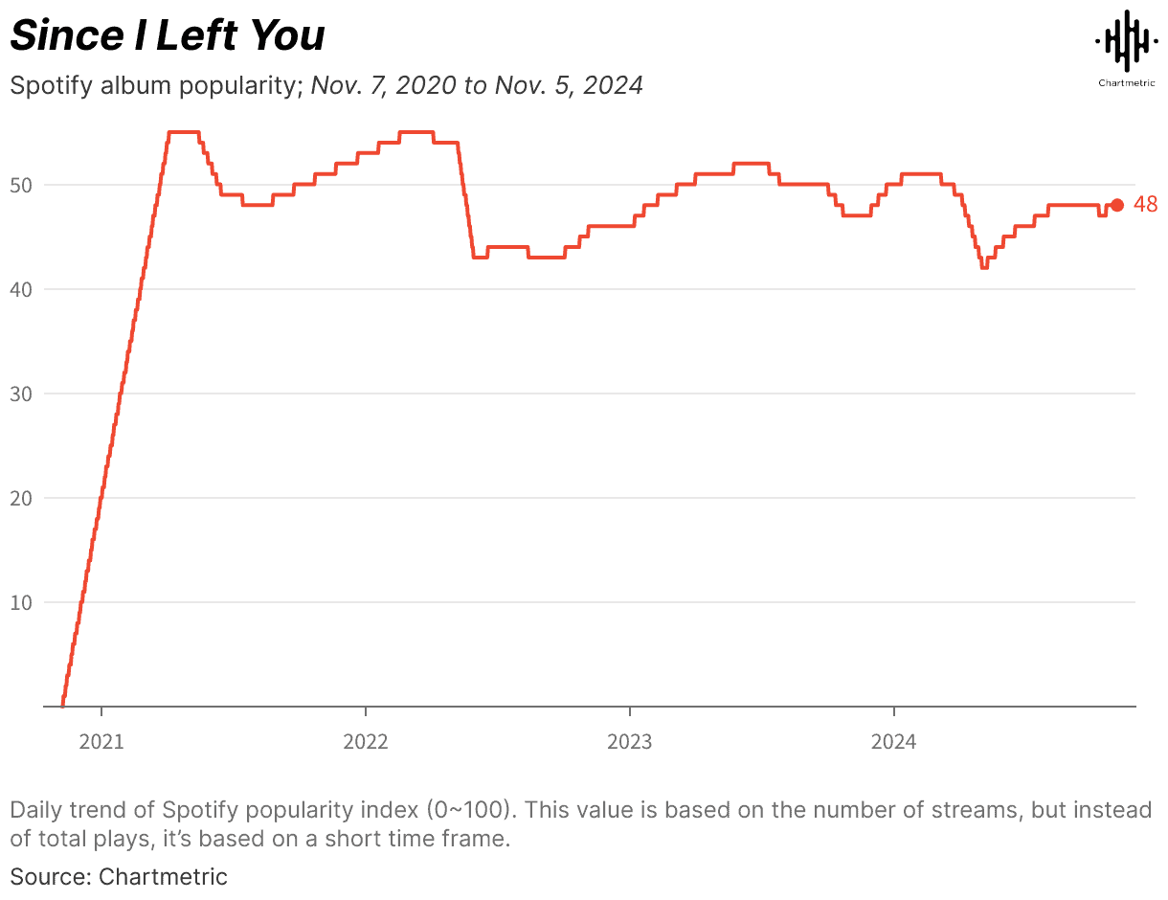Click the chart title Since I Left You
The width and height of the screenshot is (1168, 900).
pos(168,36)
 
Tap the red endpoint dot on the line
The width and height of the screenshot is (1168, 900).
pos(1116,205)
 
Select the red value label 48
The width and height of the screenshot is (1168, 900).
pos(1145,205)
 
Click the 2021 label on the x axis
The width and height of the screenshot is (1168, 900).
pos(101,741)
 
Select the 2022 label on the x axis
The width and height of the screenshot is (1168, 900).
pos(366,741)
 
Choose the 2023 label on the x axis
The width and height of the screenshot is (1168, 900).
pos(630,741)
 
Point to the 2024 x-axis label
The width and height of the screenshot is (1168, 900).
pos(893,741)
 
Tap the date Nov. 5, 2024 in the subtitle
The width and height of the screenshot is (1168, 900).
pos(569,85)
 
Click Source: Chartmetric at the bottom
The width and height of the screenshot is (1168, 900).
pos(119,875)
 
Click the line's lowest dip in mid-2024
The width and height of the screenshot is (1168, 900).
pos(983,267)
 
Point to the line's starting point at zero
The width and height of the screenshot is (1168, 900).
pos(63,706)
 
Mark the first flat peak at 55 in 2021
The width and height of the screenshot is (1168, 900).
pos(183,132)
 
